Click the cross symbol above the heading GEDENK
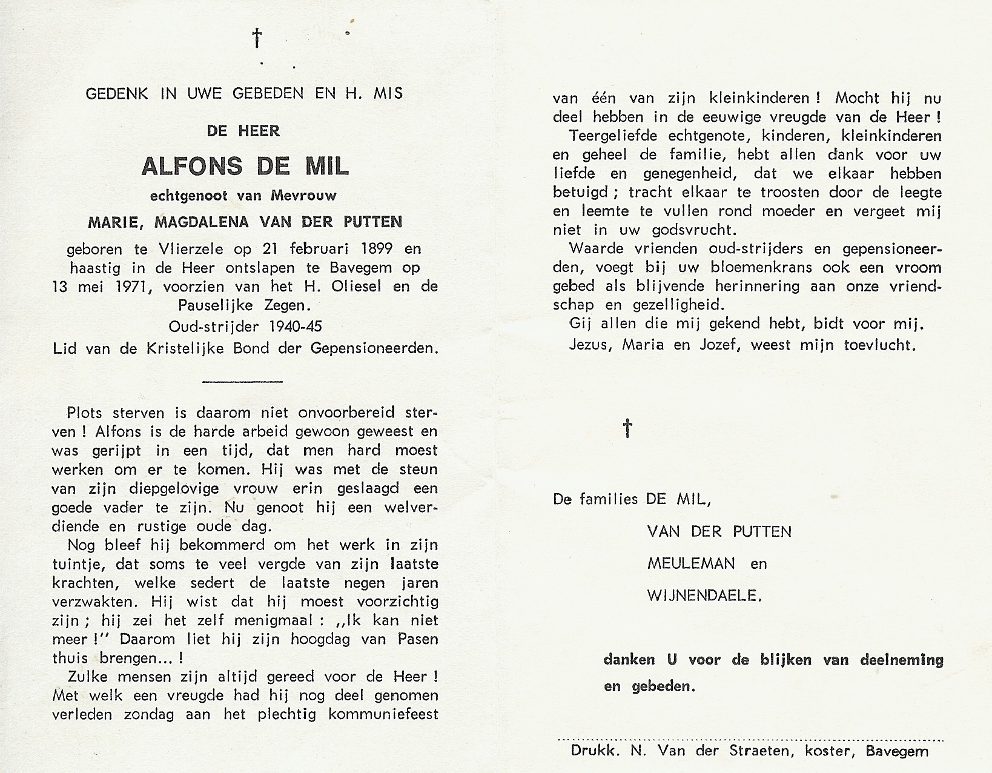258,38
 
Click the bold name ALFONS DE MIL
245,166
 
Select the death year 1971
129,287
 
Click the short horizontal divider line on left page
242,381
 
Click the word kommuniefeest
383,715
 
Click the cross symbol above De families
628,428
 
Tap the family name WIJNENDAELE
704,596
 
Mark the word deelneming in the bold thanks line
901,660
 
